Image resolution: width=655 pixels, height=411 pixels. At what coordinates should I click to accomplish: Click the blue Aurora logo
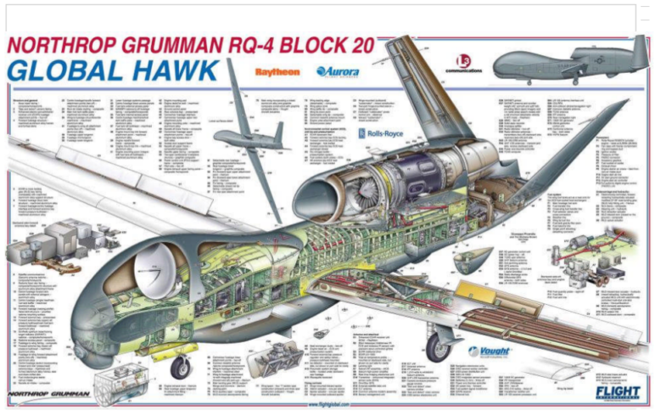click(x=337, y=72)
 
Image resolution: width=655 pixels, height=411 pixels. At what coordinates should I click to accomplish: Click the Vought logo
click(x=490, y=351)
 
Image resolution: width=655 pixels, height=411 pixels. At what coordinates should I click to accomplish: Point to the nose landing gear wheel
click(x=180, y=367)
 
